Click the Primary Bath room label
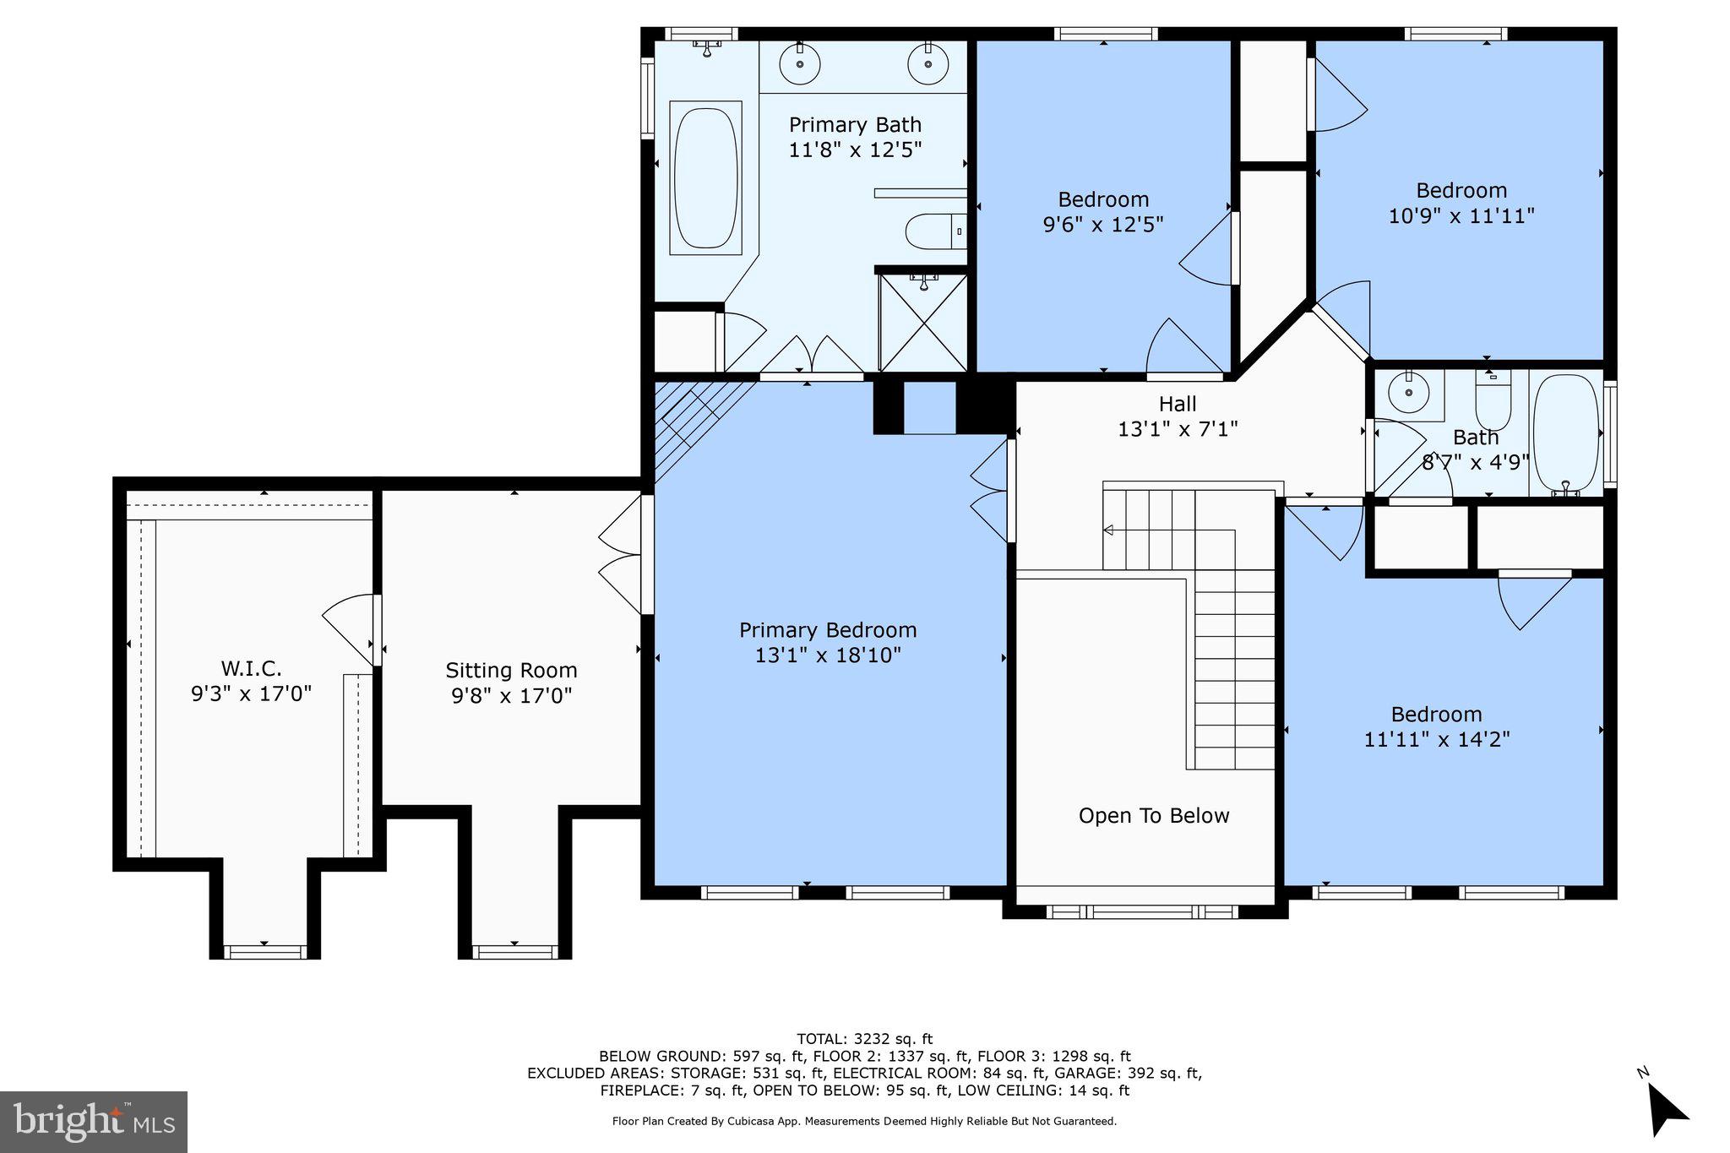[x=855, y=125]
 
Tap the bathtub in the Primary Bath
[x=705, y=177]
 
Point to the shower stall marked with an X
[x=923, y=324]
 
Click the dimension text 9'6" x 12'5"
[x=1103, y=225]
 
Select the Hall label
[x=1178, y=404]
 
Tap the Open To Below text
[x=1154, y=816]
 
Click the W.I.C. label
[x=251, y=669]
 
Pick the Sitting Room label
[x=511, y=671]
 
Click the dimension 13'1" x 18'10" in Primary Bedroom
[x=828, y=655]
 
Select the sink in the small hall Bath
[x=1408, y=393]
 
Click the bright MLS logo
[x=94, y=1122]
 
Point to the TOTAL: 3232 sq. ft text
[x=864, y=1039]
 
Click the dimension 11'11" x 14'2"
[x=1436, y=740]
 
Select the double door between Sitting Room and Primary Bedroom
[x=623, y=555]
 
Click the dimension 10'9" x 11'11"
[x=1461, y=216]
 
